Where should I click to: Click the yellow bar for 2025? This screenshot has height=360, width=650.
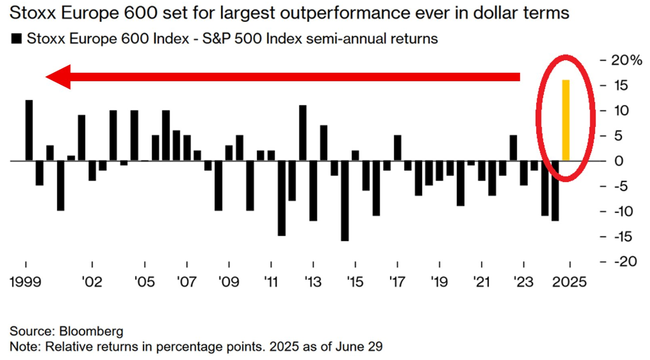tap(566, 120)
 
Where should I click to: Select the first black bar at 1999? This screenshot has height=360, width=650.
tap(29, 130)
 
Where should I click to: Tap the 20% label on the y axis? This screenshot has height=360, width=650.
tap(627, 60)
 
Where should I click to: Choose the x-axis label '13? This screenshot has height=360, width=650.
tap(313, 282)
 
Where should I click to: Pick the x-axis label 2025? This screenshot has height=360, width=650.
tap(569, 282)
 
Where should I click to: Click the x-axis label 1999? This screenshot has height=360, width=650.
tap(26, 282)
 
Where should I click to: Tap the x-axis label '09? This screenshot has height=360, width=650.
tap(228, 282)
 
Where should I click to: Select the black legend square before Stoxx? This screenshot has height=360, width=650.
tap(17, 39)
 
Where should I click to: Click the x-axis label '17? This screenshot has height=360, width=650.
tap(397, 282)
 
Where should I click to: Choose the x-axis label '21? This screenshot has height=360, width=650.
tap(481, 282)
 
